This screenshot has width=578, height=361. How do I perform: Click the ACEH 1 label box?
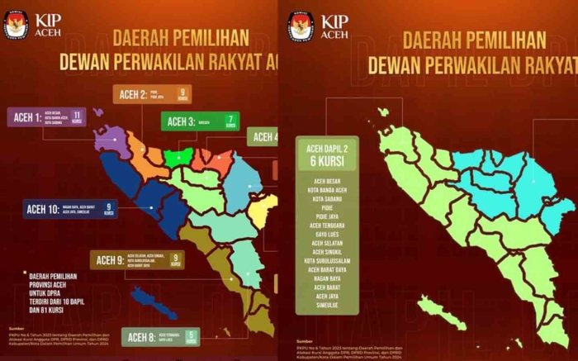pos(26,117)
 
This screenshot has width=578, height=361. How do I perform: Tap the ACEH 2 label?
pos(132,93)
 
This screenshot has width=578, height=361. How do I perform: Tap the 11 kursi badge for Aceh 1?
pos(78,116)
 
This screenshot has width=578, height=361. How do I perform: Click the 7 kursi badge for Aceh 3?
pos(230,121)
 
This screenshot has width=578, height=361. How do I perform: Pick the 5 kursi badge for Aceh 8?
pos(192,336)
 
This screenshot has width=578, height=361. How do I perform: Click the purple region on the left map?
pos(111,141)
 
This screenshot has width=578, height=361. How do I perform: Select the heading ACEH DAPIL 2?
pos(329,148)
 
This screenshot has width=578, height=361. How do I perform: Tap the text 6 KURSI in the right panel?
pos(329,161)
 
